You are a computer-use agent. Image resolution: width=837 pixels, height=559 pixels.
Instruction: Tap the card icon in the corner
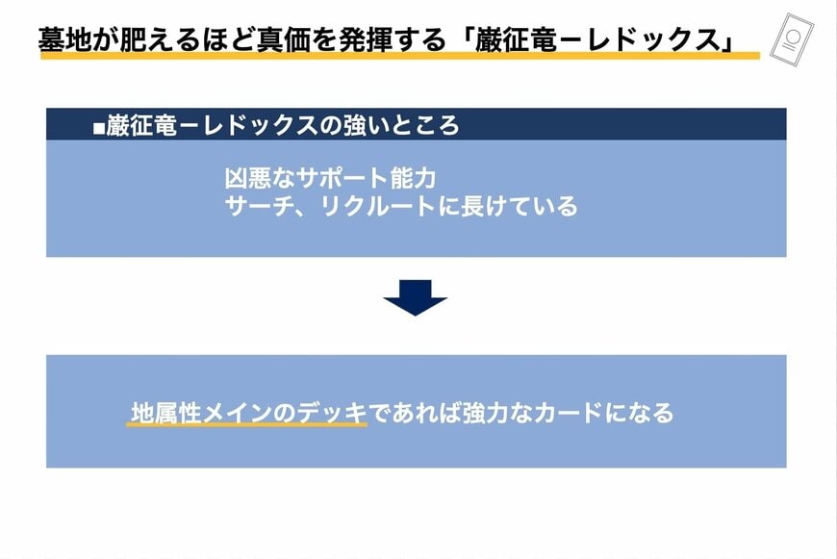(792, 38)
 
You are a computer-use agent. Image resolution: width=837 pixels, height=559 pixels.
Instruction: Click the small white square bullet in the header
(99, 128)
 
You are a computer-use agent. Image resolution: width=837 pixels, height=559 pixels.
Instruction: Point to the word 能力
(413, 178)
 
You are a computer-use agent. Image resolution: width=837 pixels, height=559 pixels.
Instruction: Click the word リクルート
(377, 206)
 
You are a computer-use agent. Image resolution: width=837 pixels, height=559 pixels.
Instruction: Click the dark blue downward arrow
(416, 298)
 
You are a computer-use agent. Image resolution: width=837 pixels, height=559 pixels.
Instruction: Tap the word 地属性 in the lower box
(166, 413)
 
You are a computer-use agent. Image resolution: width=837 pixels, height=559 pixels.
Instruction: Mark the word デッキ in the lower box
(332, 413)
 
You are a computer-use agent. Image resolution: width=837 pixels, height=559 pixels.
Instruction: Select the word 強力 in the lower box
(485, 413)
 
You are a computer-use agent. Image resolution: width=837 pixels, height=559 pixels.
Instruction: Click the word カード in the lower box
(568, 413)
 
